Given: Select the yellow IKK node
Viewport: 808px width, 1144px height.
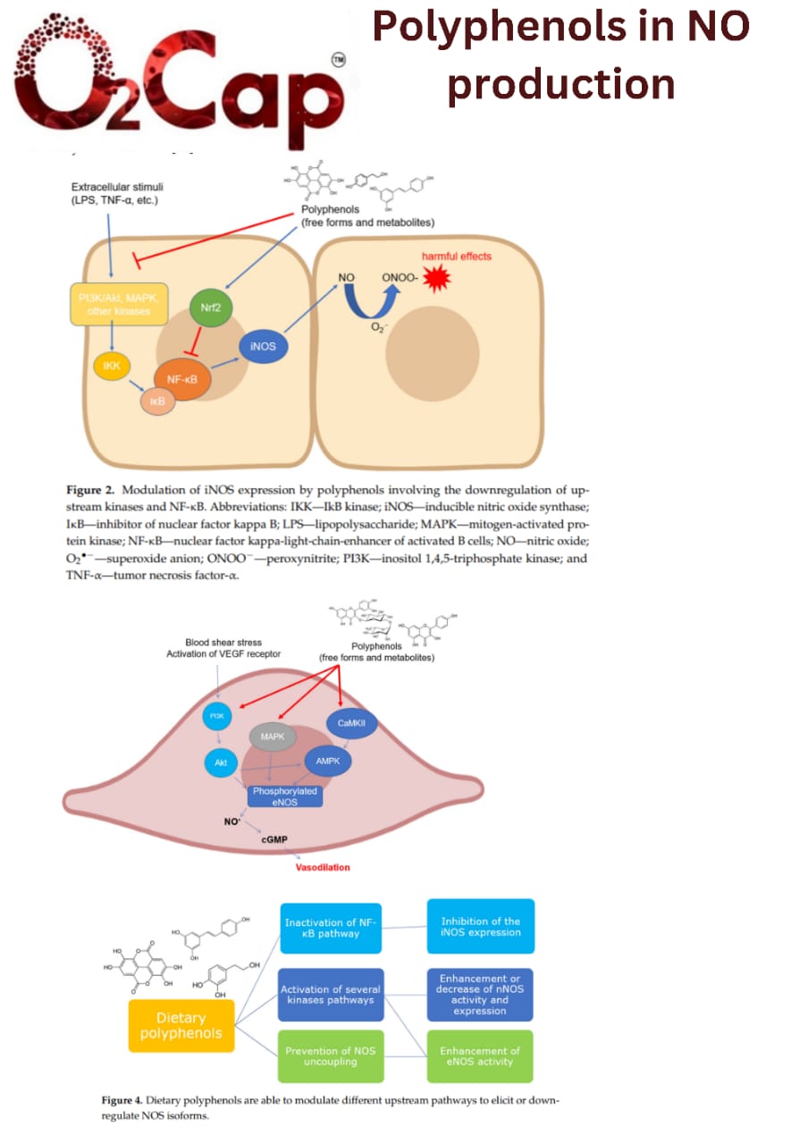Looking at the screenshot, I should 113,366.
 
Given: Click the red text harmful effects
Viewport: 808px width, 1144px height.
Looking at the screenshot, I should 457,256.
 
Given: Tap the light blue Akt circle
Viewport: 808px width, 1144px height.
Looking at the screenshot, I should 220,761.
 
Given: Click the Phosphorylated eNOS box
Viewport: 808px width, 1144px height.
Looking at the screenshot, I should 284,796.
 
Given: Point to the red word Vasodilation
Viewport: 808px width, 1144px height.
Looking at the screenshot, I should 323,867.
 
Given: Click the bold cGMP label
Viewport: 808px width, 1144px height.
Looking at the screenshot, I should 274,841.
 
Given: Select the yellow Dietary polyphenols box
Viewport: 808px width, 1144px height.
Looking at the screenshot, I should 181,1024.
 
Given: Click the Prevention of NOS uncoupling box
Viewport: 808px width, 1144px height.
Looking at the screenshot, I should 330,1056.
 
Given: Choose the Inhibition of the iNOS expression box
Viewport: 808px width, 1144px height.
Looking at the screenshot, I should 480,926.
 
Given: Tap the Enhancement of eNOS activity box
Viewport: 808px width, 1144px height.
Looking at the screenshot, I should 480,1056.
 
